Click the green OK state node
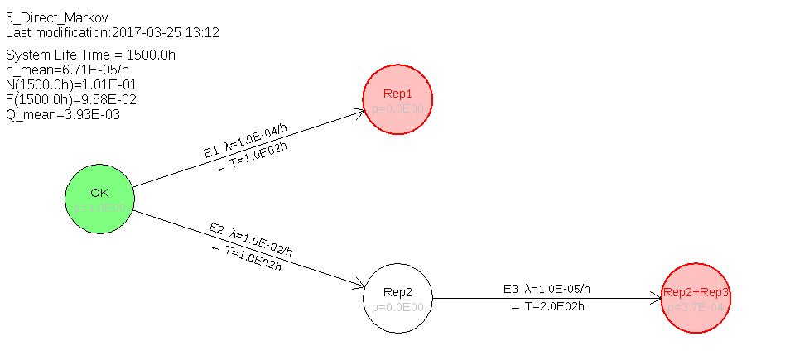(x=99, y=199)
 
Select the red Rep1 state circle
(x=397, y=99)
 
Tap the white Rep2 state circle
(x=397, y=299)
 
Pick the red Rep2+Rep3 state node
(x=696, y=299)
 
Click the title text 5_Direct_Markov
(x=56, y=17)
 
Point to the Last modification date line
(x=112, y=32)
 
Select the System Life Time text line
(x=90, y=55)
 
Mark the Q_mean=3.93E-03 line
(x=63, y=115)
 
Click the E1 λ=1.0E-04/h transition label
(x=245, y=140)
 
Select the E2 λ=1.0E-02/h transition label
(x=251, y=239)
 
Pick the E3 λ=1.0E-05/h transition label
(x=547, y=289)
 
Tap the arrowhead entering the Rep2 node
(x=359, y=286)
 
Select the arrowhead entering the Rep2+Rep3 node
(x=657, y=299)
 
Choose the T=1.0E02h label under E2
(x=247, y=257)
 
